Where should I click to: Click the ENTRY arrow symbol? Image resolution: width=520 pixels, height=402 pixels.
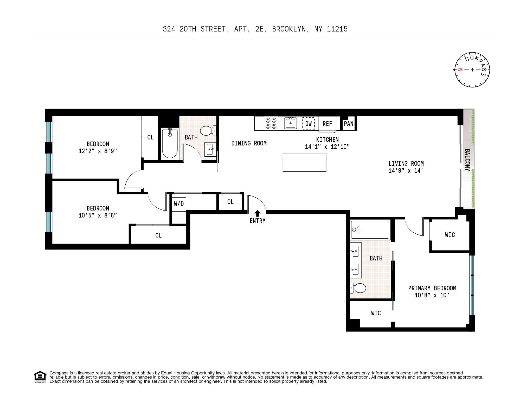tap(257, 213)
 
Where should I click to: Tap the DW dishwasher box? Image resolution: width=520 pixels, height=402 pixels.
tap(308, 124)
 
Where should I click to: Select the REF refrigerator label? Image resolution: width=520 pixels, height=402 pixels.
tap(327, 124)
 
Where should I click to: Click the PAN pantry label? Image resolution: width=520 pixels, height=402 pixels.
tap(349, 124)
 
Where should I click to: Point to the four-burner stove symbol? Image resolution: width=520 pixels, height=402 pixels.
tap(271, 123)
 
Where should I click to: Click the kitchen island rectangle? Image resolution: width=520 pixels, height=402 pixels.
tap(304, 162)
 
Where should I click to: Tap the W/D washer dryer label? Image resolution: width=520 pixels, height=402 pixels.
tap(179, 204)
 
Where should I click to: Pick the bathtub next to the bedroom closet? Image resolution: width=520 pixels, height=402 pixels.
tap(170, 144)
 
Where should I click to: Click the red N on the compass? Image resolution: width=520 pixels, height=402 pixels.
tap(460, 70)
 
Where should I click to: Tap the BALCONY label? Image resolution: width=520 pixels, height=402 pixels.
tap(467, 160)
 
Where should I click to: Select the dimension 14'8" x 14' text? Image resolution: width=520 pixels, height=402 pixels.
tap(406, 171)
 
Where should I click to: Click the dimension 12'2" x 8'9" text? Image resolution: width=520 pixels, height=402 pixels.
tap(98, 151)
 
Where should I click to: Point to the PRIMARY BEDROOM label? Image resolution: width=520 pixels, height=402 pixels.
tap(432, 288)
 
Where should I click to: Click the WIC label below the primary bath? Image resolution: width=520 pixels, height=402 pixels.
tap(376, 313)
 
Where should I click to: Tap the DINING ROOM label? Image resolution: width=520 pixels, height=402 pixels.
tap(249, 143)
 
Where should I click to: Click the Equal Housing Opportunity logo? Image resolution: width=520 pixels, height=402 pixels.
tap(40, 377)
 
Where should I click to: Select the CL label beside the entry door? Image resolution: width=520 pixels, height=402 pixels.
tap(230, 202)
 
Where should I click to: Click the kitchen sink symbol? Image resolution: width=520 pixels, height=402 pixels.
tap(290, 123)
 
